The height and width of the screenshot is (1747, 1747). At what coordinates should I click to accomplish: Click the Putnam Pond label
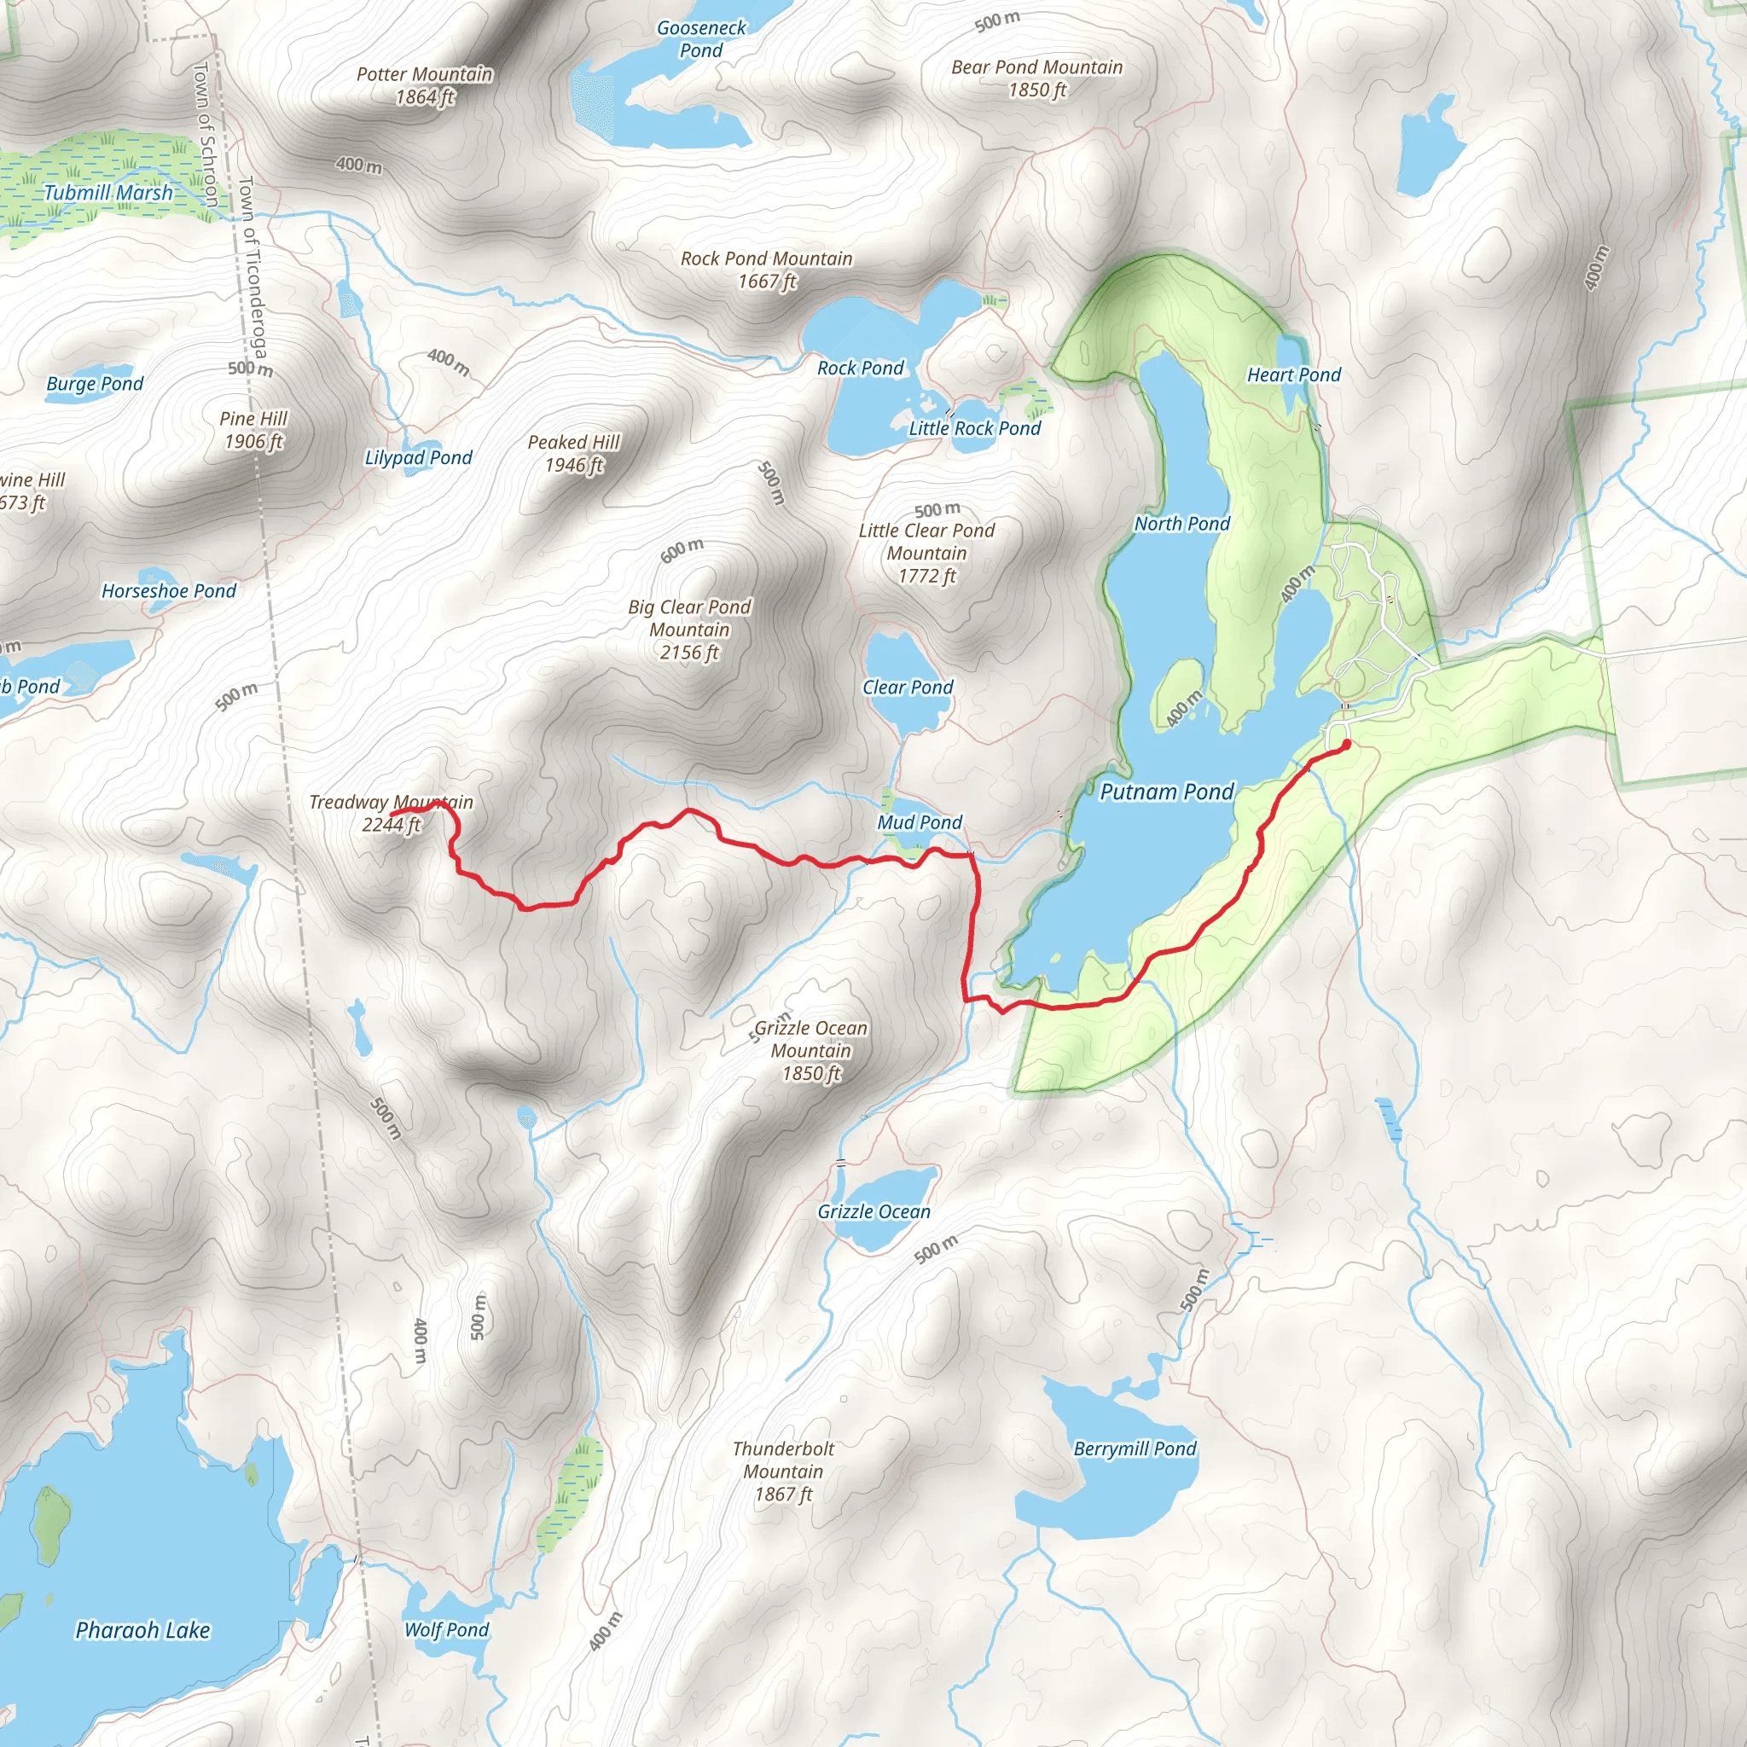point(1166,792)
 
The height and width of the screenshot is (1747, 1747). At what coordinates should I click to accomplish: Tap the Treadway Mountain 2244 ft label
point(391,813)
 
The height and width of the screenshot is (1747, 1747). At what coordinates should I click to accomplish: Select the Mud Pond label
point(919,822)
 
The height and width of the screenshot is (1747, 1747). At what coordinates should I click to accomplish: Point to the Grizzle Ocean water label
point(873,1211)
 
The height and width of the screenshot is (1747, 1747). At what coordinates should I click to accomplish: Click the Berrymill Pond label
point(1134,1448)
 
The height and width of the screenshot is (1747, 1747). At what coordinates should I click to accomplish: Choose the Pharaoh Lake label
point(142,1630)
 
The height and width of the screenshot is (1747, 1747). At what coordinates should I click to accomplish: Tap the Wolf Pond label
point(446,1629)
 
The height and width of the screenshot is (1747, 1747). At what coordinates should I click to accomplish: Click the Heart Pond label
point(1293,374)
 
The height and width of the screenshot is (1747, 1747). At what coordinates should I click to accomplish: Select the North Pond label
point(1181,524)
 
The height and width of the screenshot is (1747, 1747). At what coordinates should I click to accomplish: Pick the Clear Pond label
point(907,688)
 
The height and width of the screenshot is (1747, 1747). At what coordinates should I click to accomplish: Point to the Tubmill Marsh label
point(108,193)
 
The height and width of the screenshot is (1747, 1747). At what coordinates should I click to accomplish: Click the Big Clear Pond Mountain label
point(689,630)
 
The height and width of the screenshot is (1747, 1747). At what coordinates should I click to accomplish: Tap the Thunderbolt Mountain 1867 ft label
point(783,1471)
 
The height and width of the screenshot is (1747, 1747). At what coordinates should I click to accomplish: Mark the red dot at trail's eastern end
point(1345,744)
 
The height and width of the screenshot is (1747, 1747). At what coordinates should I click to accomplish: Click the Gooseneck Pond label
point(701,39)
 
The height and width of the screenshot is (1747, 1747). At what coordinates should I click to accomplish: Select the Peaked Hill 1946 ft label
point(573,453)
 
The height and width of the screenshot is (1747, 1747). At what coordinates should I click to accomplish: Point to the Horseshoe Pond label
point(168,590)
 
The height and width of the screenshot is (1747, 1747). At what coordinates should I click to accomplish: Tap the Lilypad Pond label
point(418,457)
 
